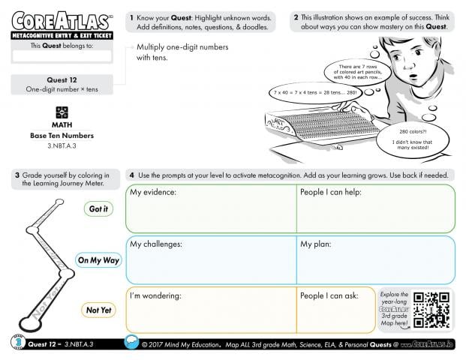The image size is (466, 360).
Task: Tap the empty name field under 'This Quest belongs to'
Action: click(x=62, y=56)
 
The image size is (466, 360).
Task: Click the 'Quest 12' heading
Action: click(x=62, y=79)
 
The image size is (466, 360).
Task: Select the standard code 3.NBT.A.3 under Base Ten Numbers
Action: click(x=62, y=145)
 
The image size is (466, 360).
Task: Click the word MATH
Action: click(x=62, y=124)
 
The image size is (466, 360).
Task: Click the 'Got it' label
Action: click(x=98, y=209)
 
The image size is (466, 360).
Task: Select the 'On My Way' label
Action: click(x=98, y=260)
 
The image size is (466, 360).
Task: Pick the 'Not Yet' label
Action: click(x=98, y=310)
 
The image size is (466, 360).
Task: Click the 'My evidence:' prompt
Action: click(x=153, y=193)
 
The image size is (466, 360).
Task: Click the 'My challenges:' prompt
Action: click(x=156, y=244)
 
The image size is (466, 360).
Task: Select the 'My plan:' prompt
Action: click(x=317, y=244)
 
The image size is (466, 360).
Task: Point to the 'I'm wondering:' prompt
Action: click(x=155, y=295)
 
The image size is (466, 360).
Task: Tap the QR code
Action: click(x=432, y=309)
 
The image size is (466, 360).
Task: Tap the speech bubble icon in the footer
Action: click(x=132, y=343)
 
